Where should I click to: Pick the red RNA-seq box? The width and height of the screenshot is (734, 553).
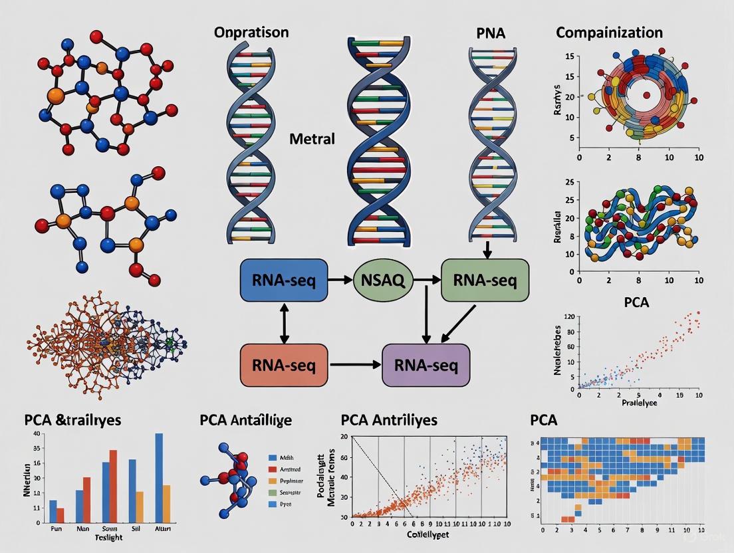284,365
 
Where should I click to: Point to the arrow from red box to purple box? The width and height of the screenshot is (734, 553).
356,365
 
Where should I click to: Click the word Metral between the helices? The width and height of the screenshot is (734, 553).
312,140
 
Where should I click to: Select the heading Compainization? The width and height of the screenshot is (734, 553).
609,32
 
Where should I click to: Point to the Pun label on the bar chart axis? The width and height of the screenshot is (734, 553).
57,530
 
